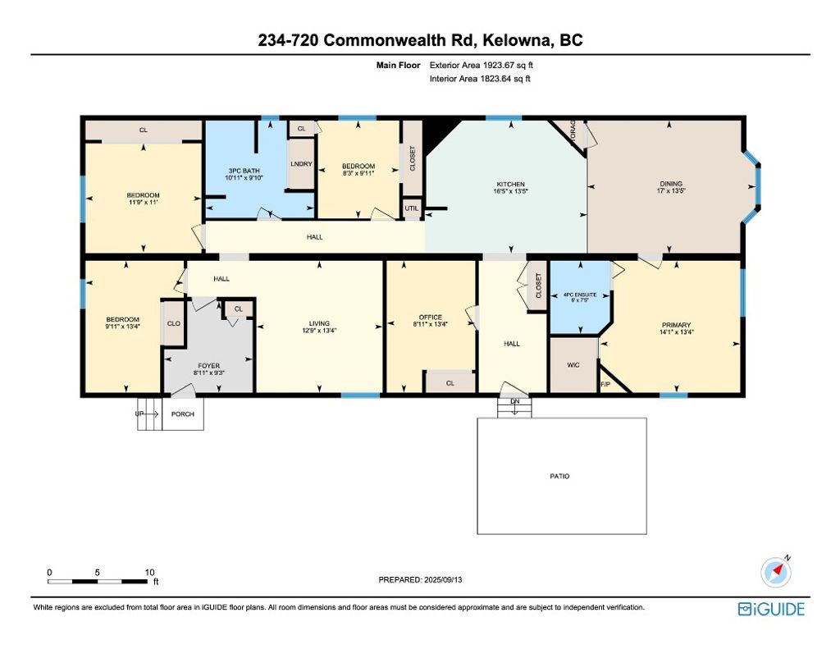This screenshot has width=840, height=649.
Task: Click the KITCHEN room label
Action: [509, 185]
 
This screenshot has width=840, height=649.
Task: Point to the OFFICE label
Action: [430, 318]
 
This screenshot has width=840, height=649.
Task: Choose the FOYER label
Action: [208, 366]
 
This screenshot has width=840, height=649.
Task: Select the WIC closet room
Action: [573, 364]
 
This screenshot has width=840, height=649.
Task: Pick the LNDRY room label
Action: [301, 164]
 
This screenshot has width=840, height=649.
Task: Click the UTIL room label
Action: [411, 208]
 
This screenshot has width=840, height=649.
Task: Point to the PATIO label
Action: [559, 477]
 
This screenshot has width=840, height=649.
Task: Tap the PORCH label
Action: [182, 414]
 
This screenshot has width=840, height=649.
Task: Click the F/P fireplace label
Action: [606, 384]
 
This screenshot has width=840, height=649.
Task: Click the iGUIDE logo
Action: [771, 609]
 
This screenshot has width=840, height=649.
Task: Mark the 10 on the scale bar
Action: [149, 572]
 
